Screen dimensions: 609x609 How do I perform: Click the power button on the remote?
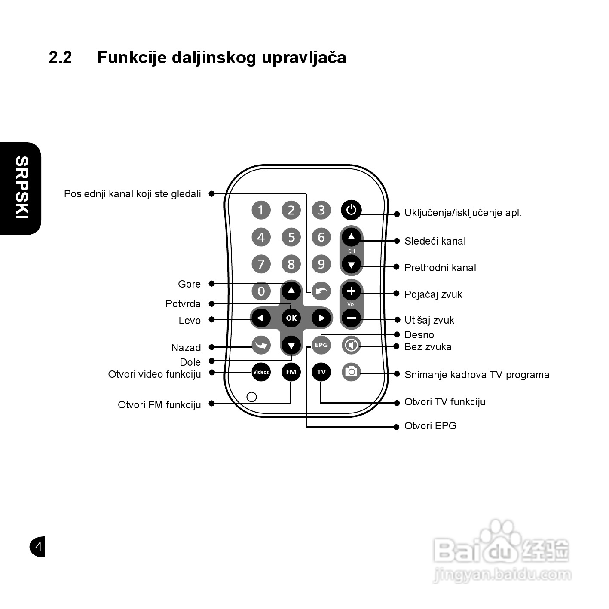click(x=351, y=210)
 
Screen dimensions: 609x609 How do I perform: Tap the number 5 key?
click(x=291, y=237)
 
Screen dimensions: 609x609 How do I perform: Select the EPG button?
click(x=321, y=345)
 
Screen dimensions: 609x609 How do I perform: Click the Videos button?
click(x=261, y=372)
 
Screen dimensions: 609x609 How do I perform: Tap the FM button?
click(x=291, y=372)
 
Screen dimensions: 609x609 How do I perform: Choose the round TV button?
click(x=321, y=372)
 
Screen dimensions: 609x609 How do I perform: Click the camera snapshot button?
click(x=351, y=372)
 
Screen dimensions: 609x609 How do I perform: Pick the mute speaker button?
click(x=351, y=345)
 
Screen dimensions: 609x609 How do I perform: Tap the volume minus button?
click(x=351, y=318)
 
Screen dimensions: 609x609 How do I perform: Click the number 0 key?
click(x=261, y=291)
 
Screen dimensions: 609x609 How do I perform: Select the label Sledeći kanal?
click(x=435, y=241)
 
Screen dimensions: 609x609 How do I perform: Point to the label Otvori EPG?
click(x=430, y=426)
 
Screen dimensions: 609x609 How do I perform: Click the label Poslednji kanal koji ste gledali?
click(x=132, y=194)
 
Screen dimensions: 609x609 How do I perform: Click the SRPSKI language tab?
click(x=21, y=188)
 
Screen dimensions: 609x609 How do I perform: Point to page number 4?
click(x=38, y=546)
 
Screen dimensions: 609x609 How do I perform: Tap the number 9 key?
click(x=321, y=264)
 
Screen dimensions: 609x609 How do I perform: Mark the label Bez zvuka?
click(x=428, y=347)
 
